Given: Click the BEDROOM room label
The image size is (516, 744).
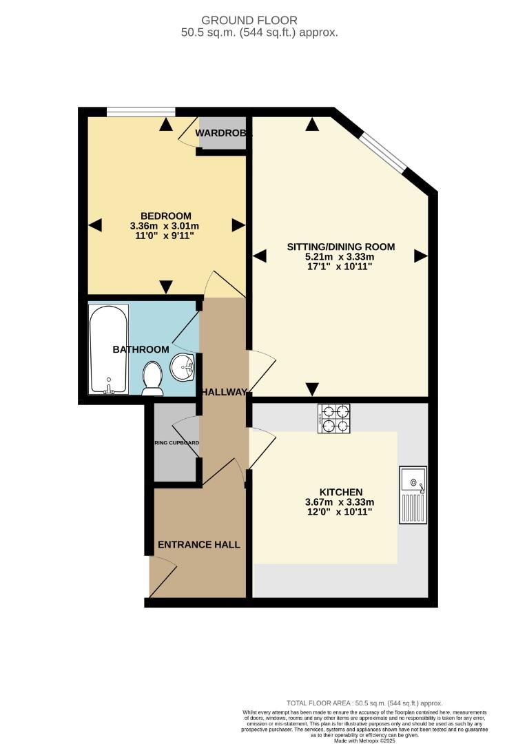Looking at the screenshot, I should click(165, 216).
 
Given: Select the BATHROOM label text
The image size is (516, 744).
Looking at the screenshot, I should click(141, 349).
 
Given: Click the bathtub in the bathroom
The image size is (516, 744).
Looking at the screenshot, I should click(108, 349).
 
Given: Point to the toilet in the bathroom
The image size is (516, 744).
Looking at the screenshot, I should click(152, 380).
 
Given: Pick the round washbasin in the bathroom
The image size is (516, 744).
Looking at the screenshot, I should click(183, 366).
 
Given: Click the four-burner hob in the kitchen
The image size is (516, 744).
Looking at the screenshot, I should click(334, 418).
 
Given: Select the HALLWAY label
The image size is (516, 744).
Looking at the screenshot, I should click(224, 392).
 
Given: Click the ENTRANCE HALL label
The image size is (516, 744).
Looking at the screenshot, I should click(199, 544).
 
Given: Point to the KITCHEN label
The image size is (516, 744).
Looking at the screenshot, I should click(340, 492).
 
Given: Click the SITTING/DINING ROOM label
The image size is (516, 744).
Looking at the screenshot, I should click(340, 247).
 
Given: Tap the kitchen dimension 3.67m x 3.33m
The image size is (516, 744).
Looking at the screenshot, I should click(340, 502).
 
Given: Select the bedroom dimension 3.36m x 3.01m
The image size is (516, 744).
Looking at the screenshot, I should click(165, 225).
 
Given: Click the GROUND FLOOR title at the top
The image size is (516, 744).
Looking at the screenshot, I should click(260, 21).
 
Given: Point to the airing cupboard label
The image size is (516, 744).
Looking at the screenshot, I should click(176, 443).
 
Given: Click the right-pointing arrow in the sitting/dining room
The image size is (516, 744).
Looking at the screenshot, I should click(420, 256).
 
